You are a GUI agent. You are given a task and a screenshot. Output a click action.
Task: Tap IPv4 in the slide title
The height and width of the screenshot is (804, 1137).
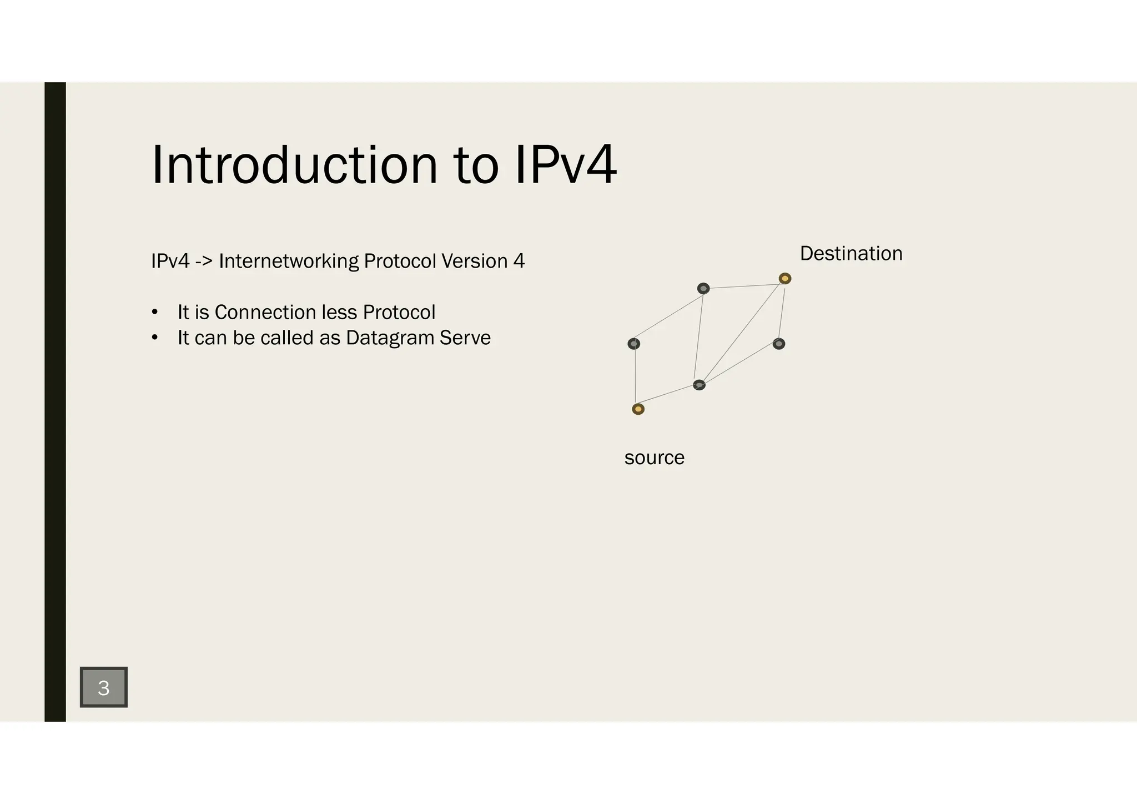click(x=565, y=165)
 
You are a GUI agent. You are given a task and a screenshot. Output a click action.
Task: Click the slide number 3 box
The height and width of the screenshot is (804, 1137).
click(x=104, y=687)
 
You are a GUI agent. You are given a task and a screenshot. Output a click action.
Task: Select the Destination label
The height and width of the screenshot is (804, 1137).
click(x=851, y=254)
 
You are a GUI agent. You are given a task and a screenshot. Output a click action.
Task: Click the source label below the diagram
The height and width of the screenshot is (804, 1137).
click(x=654, y=458)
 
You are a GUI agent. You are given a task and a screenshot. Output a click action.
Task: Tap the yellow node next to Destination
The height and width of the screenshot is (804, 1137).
click(x=784, y=278)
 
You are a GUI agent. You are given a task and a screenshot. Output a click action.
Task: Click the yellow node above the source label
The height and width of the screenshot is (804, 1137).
click(x=638, y=409)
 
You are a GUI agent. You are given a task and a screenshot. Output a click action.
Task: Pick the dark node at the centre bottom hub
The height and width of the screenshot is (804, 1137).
click(x=699, y=385)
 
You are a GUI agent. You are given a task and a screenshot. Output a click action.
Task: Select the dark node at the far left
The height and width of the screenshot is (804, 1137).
click(x=633, y=344)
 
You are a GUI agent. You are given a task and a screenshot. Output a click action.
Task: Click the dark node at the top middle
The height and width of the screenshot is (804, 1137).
click(x=703, y=289)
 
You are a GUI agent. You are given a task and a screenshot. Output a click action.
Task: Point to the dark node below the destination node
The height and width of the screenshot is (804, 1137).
click(x=779, y=344)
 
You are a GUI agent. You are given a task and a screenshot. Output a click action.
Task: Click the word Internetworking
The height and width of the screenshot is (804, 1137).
click(x=289, y=261)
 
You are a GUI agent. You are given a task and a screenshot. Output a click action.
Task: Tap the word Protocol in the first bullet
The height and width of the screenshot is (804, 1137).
click(x=399, y=313)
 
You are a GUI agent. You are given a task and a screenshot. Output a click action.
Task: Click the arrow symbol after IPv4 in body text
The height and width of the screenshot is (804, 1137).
click(x=204, y=261)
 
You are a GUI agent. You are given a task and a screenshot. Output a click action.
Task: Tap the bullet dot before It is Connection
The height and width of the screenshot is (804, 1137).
click(x=155, y=313)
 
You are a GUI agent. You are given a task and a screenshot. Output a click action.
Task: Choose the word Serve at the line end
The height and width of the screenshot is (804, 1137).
click(x=465, y=338)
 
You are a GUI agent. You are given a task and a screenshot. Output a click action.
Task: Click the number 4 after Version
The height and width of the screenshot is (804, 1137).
click(x=519, y=261)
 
